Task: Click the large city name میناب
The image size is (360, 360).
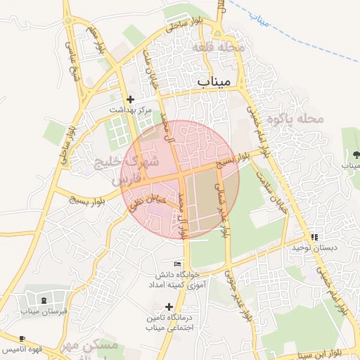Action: pos(214,82)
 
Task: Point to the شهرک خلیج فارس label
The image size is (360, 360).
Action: pos(127,171)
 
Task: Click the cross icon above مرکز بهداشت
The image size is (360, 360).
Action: pos(130,100)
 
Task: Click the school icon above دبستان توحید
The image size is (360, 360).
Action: pos(314,237)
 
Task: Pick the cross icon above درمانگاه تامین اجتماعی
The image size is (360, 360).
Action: pos(168,307)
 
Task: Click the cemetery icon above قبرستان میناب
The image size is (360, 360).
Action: pos(33,299)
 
